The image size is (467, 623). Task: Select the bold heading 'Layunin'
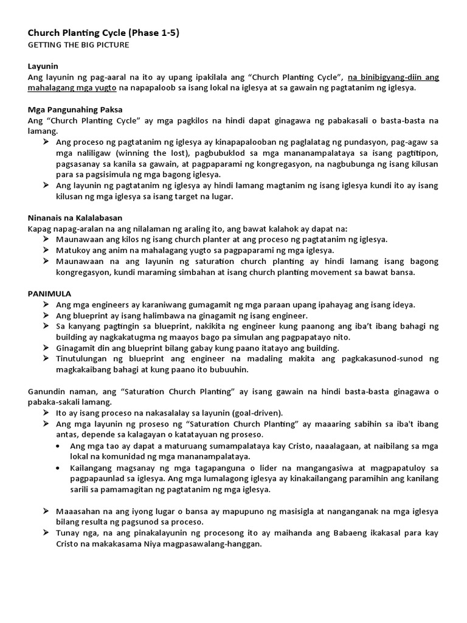pyautogui.click(x=44, y=66)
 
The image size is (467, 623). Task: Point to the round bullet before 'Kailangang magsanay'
pyautogui.click(x=57, y=467)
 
